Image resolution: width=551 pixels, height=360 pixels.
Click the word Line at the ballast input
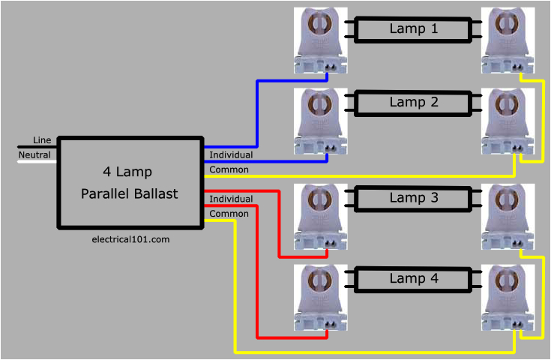click(42, 141)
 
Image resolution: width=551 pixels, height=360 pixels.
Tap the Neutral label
click(34, 155)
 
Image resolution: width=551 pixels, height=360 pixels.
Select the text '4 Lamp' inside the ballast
click(127, 172)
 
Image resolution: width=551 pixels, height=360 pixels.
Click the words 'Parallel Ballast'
click(130, 194)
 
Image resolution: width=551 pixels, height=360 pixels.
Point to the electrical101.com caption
click(130, 239)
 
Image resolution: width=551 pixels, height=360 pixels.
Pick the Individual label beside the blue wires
click(231, 155)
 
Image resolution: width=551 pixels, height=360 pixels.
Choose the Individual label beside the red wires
click(231, 199)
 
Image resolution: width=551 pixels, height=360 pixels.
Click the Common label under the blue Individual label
click(229, 169)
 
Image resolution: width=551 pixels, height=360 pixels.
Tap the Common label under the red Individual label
click(229, 214)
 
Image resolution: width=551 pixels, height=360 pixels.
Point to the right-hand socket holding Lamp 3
click(510, 217)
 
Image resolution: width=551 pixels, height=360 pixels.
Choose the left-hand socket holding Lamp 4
click(321, 297)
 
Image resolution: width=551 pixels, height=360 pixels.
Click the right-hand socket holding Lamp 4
click(510, 297)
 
